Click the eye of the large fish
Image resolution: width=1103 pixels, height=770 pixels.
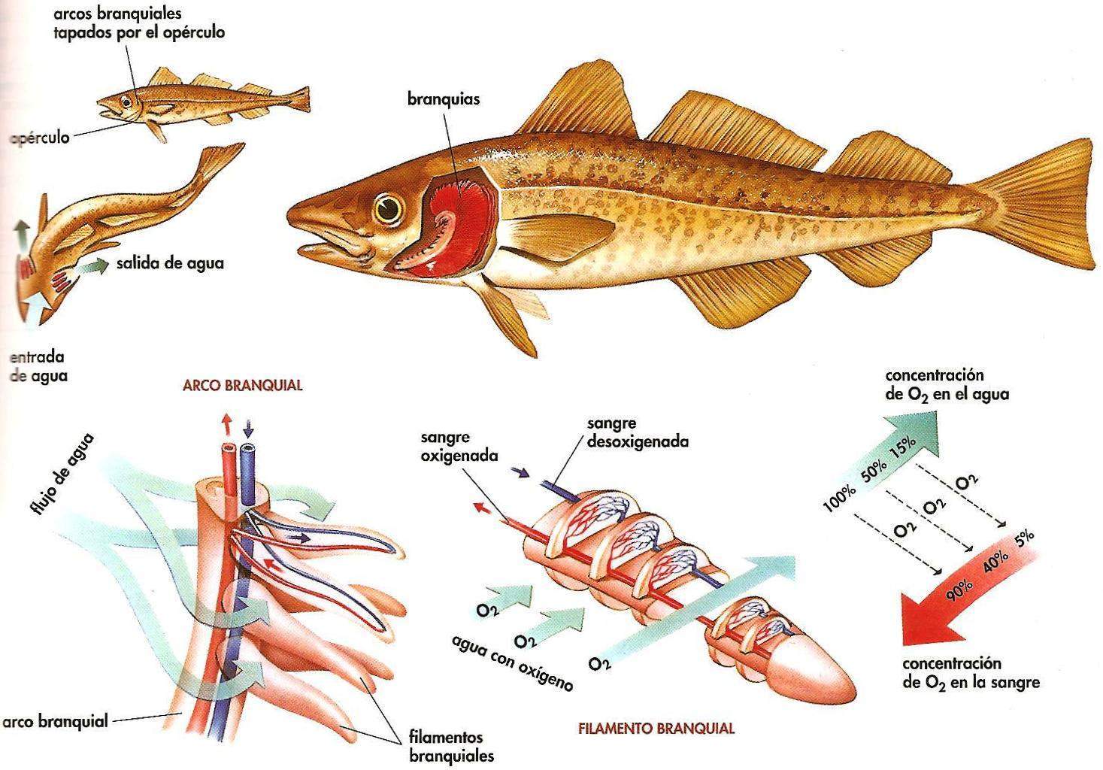[389, 208]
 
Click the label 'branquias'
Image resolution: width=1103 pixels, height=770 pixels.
[444, 99]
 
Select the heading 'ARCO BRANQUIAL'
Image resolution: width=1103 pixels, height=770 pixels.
[242, 385]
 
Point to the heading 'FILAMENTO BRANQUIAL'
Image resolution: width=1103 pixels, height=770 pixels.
[656, 728]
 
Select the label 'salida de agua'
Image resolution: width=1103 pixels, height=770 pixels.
[170, 263]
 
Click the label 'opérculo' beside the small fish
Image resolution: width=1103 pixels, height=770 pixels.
[41, 138]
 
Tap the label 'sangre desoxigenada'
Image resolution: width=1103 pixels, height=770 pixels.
[638, 432]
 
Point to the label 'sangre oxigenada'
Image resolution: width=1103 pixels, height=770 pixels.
[459, 446]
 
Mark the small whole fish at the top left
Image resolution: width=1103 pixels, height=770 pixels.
[203, 102]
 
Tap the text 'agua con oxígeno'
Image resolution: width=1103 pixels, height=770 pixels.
[513, 662]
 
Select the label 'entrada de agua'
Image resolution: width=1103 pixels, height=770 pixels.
[38, 366]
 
